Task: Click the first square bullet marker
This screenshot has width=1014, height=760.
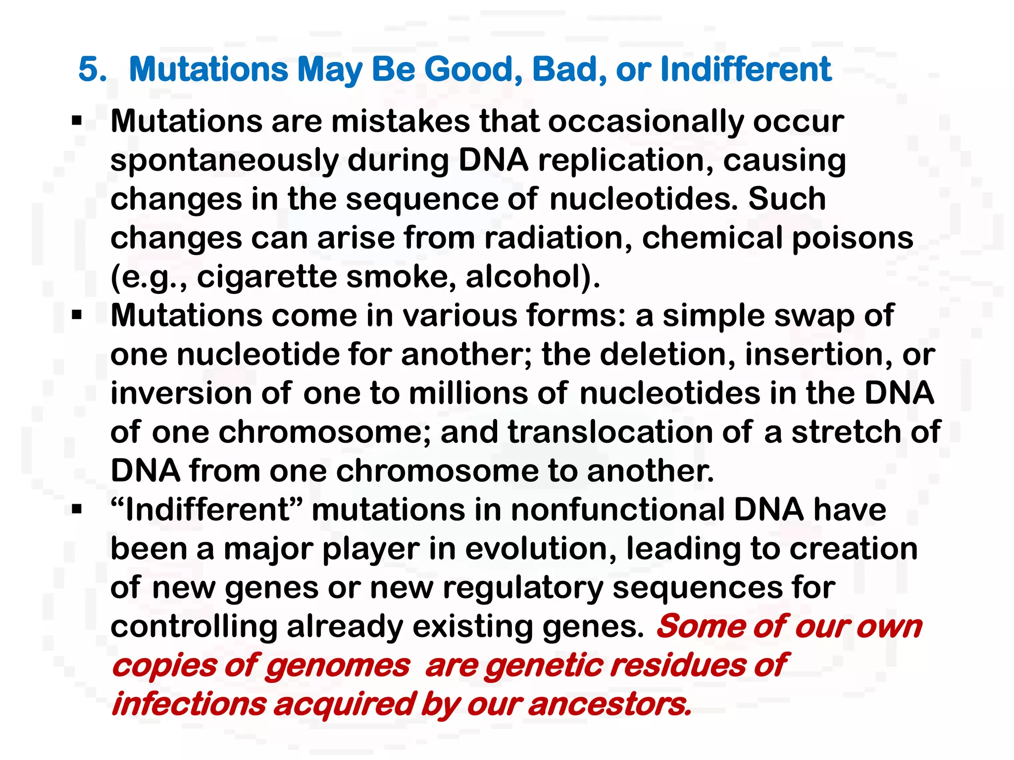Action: coord(77,121)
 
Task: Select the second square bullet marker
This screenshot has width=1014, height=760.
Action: coord(77,315)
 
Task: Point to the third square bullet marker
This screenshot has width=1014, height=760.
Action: coord(77,510)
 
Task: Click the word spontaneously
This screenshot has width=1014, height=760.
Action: coord(224,161)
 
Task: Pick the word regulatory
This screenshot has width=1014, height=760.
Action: coord(523,588)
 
